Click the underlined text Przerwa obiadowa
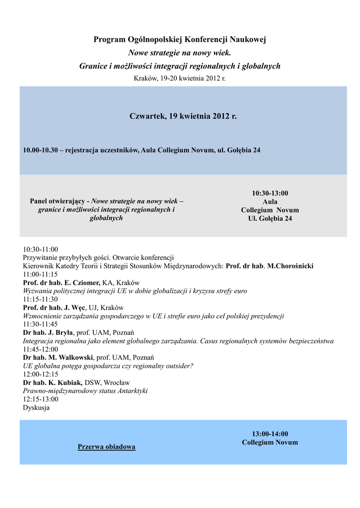106,447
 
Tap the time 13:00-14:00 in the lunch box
270,434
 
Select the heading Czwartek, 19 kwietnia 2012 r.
183,117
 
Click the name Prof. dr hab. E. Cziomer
62,282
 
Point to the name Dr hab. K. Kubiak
53,382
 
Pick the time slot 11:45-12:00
40,349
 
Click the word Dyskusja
36,408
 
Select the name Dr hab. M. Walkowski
58,357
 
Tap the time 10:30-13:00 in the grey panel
270,193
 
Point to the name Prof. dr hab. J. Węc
55,308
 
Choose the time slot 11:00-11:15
40,274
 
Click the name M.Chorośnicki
290,266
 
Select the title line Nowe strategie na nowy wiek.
180,53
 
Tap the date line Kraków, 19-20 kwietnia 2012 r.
180,78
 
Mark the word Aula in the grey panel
270,202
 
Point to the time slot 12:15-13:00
40,399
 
